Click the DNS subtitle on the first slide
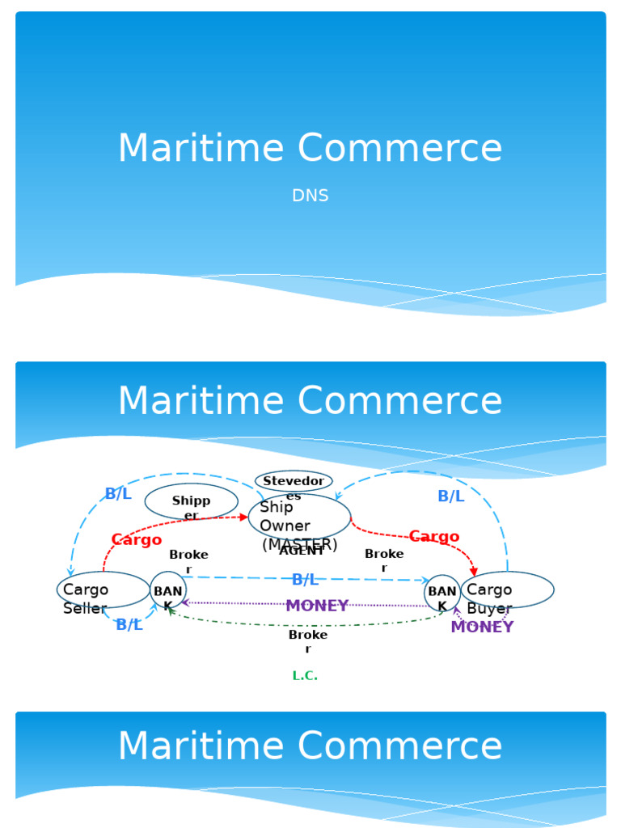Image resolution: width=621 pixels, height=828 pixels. point(310,196)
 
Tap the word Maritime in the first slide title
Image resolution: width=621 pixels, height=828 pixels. point(201,149)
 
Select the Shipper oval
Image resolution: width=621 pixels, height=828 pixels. point(192,501)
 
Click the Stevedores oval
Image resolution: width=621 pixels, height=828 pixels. point(294,482)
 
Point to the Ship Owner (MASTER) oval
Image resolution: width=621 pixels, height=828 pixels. point(299,518)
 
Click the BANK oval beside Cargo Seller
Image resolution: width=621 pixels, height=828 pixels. point(168,591)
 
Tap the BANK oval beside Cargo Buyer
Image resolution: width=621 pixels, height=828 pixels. point(442,593)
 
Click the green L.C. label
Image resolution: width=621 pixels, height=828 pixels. point(305,676)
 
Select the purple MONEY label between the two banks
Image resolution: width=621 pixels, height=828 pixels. point(317,606)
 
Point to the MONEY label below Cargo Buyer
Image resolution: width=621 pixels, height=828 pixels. point(482,627)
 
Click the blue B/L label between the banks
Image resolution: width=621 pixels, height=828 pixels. point(305,579)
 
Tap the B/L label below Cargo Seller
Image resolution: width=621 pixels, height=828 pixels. point(129,625)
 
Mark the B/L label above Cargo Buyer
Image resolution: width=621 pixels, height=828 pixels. point(451,496)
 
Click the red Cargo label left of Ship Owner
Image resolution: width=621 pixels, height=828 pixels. point(137,540)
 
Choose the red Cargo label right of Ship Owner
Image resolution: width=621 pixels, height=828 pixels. point(434,537)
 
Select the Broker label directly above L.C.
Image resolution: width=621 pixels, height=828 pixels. point(308,641)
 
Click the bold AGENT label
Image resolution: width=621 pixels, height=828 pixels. point(302,551)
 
